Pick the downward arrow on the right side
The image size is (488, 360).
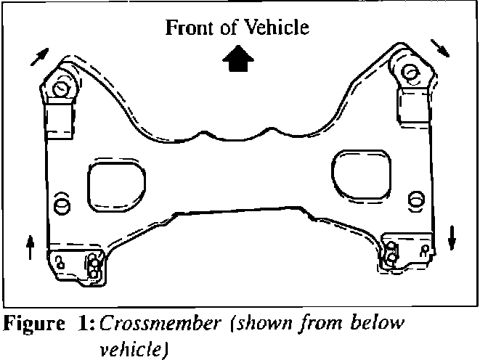(x=452, y=237)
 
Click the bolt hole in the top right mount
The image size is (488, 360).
(x=408, y=72)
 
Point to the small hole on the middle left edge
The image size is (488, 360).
(x=61, y=202)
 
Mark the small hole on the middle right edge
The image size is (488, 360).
(x=416, y=197)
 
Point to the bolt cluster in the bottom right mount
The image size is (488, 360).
(x=391, y=255)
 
